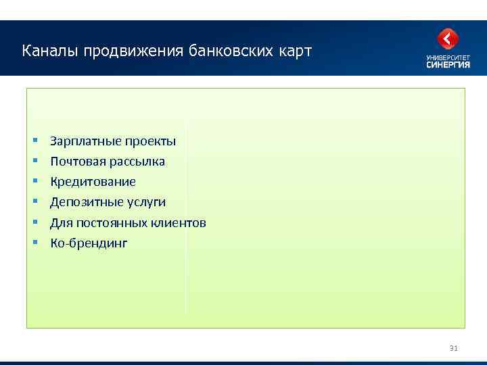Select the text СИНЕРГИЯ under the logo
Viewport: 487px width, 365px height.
447,65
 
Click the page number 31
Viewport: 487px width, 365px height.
453,348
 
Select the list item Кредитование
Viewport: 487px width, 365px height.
93,182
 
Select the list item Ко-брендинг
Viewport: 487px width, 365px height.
89,243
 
